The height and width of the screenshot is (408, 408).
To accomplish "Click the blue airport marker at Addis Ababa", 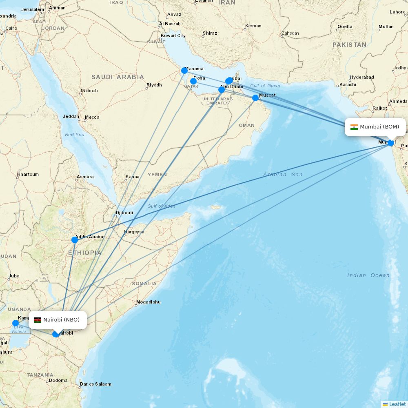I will coord(75,240).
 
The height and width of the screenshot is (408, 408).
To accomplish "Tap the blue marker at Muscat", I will coord(255,98).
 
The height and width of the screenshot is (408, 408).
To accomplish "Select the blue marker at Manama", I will coord(184,71).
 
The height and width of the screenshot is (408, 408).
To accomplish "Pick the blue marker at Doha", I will coord(193,81).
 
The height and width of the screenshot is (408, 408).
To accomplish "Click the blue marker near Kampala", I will coord(16,323).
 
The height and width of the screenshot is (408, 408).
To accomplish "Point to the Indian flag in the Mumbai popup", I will coord(354,127).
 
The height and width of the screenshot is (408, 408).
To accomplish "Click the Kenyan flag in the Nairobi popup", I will coord(38,320).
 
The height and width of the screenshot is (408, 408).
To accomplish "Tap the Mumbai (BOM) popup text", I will coord(379,127).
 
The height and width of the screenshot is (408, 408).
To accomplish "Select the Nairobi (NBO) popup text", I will coord(61,319).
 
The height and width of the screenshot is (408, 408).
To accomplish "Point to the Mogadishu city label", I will coord(149,302).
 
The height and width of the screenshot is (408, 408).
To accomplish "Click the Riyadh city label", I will coord(155,85).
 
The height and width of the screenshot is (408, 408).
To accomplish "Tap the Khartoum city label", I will coord(28,175).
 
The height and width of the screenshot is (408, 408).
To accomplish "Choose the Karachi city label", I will coord(348,85).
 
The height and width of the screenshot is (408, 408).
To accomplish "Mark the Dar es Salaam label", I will coord(96,384).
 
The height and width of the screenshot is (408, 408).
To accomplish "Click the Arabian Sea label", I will coord(283,175).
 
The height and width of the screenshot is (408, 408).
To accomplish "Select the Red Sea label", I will coord(75,135).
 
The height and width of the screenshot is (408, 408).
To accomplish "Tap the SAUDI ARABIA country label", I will coord(118,77).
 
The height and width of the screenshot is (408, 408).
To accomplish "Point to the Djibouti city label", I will coord(125,213).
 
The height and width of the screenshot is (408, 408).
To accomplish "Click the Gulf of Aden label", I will coord(161,206).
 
